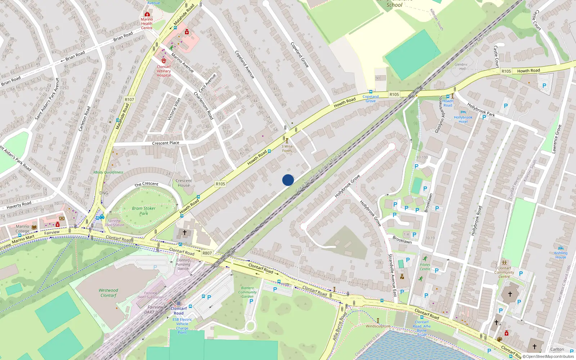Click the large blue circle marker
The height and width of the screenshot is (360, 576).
click(288, 180)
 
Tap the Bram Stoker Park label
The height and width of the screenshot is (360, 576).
click(144, 211)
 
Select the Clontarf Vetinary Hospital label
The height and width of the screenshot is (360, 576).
click(164, 71)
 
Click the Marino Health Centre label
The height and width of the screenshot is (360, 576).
click(147, 23)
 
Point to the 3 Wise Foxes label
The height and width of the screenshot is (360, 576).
click(287, 148)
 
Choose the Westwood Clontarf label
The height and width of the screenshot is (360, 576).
click(108, 293)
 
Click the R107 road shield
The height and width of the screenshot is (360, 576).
click(129, 100)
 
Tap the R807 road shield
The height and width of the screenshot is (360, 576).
click(207, 253)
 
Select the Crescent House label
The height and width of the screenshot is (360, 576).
click(184, 183)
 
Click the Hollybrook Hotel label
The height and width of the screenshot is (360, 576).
click(463, 120)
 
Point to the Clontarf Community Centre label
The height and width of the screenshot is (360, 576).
click(504, 272)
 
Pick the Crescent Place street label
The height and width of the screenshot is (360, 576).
click(166, 143)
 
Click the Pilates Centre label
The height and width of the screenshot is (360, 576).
click(425, 267)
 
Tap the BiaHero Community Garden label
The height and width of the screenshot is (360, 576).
click(247, 292)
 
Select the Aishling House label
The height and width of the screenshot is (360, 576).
click(561, 255)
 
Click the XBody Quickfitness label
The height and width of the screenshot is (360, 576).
click(108, 172)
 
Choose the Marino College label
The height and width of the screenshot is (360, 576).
click(22, 229)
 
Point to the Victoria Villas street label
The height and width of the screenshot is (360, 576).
click(174, 109)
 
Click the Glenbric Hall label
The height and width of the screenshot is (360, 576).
click(461, 67)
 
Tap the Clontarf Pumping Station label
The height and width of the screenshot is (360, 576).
click(183, 264)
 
